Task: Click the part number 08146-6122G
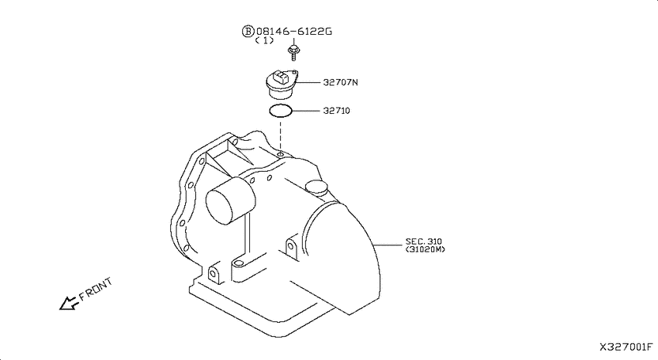293,31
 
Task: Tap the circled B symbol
248,31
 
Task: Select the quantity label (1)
265,40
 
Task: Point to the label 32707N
341,82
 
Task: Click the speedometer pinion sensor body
282,84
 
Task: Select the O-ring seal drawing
280,111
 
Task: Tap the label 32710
336,111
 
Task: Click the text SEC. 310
423,242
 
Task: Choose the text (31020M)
425,249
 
